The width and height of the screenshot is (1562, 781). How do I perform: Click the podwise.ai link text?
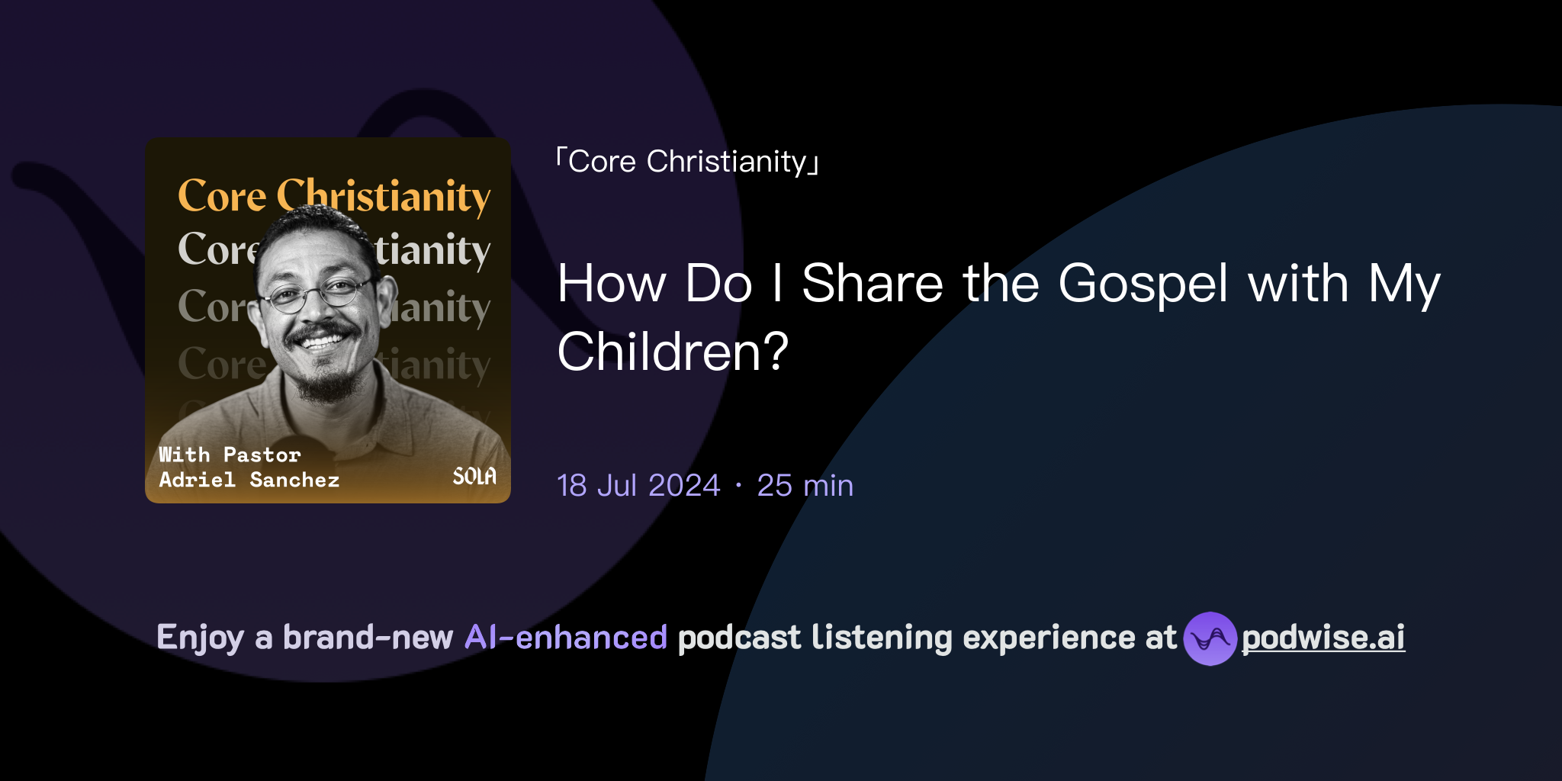[x=1323, y=638]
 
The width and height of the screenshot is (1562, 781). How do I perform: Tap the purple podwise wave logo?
[x=1209, y=638]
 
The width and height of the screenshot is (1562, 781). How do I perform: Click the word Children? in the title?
[x=673, y=352]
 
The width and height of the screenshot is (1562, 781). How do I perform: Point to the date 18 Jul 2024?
[x=638, y=486]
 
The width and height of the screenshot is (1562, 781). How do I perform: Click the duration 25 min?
[x=805, y=486]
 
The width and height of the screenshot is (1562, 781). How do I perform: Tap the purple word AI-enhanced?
[x=566, y=638]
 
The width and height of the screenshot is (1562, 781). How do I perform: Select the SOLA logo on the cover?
[x=474, y=477]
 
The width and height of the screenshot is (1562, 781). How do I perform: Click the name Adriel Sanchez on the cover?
[x=249, y=480]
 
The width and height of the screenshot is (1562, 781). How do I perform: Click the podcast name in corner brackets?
[x=687, y=162]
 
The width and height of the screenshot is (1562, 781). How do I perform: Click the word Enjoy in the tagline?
[x=200, y=638]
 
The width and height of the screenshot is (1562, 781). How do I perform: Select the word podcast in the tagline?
[x=739, y=638]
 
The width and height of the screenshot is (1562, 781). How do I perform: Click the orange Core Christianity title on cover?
[x=334, y=196]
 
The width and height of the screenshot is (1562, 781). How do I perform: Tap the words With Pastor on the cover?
[x=230, y=455]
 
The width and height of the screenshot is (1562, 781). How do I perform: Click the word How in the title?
[x=612, y=284]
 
